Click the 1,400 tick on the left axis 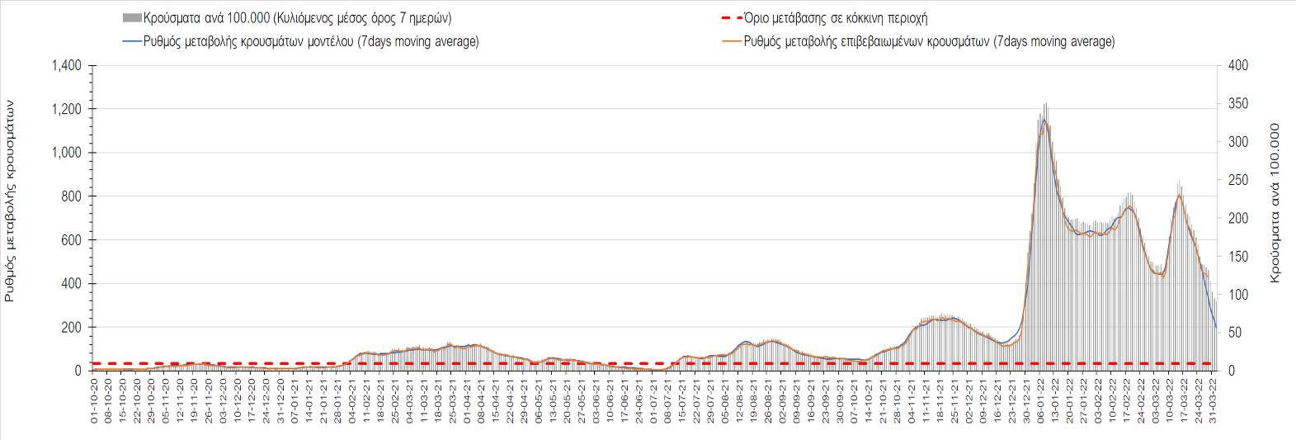click(x=67, y=65)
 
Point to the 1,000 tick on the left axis click(x=67, y=153)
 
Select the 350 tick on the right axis click(x=1238, y=104)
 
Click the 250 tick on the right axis click(x=1238, y=180)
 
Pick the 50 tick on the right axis click(x=1235, y=333)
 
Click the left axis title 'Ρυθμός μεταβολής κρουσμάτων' click(x=10, y=201)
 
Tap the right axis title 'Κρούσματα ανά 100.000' click(x=1275, y=203)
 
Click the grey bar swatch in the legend click(x=132, y=18)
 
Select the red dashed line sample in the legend click(x=732, y=18)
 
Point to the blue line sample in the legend click(x=132, y=41)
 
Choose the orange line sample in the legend click(x=732, y=41)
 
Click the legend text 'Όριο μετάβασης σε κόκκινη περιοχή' click(x=836, y=18)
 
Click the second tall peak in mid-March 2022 click(x=1180, y=195)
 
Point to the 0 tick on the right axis click(x=1232, y=371)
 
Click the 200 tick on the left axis click(x=72, y=328)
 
